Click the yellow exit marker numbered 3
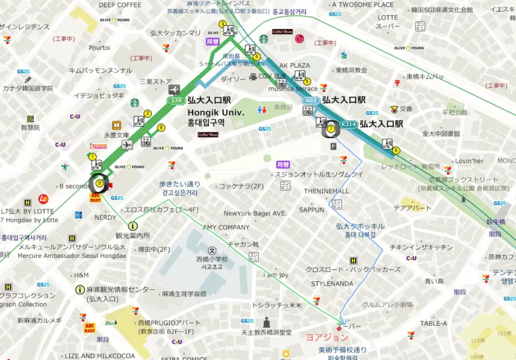(x=222, y=24)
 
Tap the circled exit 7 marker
(x=331, y=129)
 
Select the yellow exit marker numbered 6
(x=396, y=150)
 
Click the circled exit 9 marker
(x=99, y=184)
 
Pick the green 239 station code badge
(x=175, y=101)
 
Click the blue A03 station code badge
(x=310, y=101)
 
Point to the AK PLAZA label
(x=294, y=65)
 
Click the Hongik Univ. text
(x=216, y=112)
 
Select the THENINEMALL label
(x=327, y=191)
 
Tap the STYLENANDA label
(x=332, y=283)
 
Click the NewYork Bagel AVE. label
(x=255, y=213)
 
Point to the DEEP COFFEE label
(x=120, y=5)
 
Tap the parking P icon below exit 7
(x=333, y=147)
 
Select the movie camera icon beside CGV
(x=252, y=77)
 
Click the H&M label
(x=81, y=275)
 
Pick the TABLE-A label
(x=433, y=323)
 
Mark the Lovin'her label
(x=469, y=161)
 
